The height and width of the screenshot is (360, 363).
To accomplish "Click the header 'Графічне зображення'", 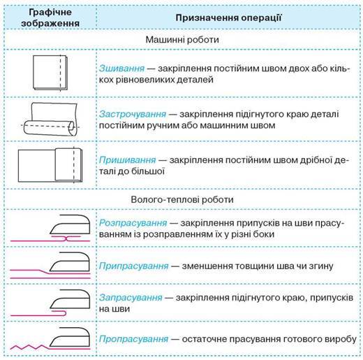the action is [50, 17].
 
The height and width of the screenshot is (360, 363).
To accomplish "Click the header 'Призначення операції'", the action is [228, 17].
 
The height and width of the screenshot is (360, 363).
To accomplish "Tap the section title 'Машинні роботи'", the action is [182, 39].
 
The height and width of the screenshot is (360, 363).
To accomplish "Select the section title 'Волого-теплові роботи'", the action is [182, 199].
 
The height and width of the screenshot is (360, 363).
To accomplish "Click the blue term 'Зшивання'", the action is [121, 69].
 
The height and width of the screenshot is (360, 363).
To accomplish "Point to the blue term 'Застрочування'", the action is [133, 114].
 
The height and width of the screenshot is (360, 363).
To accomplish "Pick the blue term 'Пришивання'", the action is [127, 160].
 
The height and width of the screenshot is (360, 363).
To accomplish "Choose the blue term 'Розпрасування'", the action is [133, 223].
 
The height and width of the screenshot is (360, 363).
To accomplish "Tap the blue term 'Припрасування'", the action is [134, 266].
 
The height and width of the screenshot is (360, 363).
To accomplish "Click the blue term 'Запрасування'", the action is [131, 298].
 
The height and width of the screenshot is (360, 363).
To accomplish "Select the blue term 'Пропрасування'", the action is [134, 339].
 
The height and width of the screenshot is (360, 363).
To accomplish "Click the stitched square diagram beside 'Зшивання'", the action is [50, 73].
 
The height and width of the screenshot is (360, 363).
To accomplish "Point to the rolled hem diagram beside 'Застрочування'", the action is [50, 120].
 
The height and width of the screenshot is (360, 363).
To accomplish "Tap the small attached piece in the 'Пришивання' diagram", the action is [68, 165].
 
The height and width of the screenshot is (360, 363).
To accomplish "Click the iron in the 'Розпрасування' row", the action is [70, 224].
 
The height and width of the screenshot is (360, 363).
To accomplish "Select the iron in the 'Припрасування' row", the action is [70, 261].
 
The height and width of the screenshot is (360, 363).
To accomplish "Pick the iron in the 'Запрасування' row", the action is [70, 299].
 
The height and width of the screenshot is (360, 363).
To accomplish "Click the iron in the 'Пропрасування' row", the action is [70, 337].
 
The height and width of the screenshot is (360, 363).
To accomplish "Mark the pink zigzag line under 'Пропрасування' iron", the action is [30, 347].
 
